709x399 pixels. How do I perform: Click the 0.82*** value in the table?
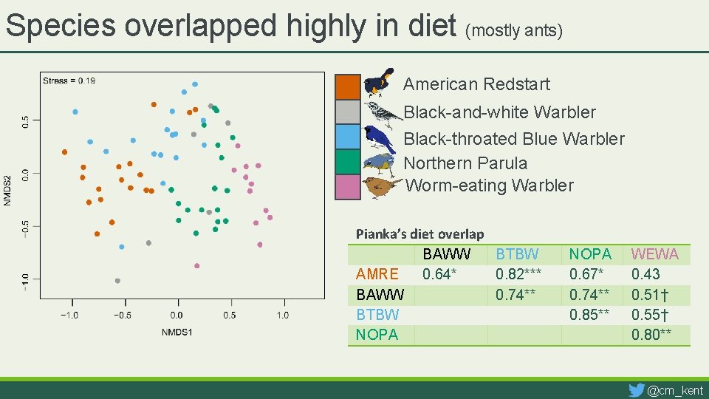(x=518, y=274)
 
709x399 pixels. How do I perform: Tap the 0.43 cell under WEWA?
(x=645, y=274)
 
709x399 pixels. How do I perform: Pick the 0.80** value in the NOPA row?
(x=651, y=334)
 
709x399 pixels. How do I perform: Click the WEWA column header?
(x=654, y=254)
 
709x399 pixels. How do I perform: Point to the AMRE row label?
(x=377, y=274)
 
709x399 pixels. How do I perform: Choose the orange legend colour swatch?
(x=348, y=86)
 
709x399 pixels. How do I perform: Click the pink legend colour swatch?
(x=348, y=187)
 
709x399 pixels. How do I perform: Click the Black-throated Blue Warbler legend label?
(x=514, y=139)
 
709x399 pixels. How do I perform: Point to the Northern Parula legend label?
(x=465, y=163)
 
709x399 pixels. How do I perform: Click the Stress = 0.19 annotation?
(x=69, y=80)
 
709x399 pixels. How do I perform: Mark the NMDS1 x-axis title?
(x=177, y=332)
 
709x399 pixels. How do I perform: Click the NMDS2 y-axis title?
(x=7, y=191)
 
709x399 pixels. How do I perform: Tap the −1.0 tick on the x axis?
(x=69, y=316)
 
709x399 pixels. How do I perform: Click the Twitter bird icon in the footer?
(x=636, y=389)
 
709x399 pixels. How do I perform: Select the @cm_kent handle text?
(x=675, y=390)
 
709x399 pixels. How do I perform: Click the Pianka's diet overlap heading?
(x=419, y=234)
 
